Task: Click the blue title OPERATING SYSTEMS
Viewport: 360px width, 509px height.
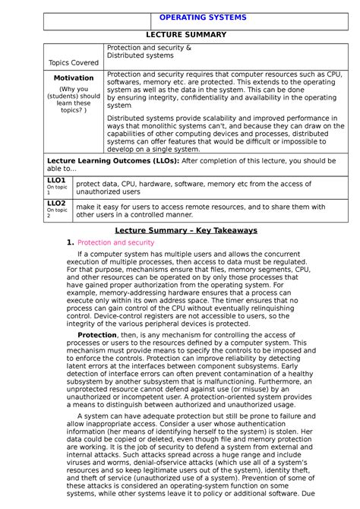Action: [x=203, y=17]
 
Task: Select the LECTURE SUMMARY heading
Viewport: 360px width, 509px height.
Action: [x=187, y=34]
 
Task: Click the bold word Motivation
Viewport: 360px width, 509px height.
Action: [x=74, y=78]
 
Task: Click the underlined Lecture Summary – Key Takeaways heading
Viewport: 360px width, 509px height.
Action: [x=186, y=230]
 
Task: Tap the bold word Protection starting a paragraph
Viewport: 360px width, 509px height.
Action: [x=97, y=335]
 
